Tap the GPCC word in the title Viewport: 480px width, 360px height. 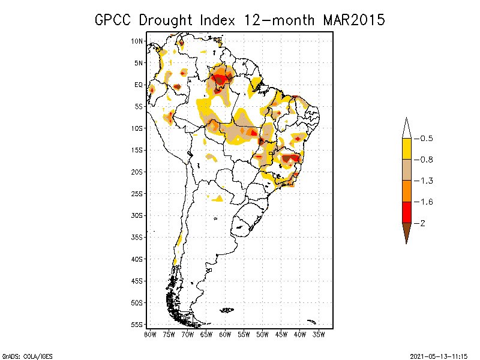tap(113, 20)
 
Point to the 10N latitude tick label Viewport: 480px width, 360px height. tap(137, 41)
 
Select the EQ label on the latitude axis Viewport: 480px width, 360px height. tap(139, 85)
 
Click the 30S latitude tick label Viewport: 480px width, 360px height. tap(137, 215)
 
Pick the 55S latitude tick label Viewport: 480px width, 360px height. tap(137, 325)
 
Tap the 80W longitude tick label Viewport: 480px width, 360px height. tap(150, 334)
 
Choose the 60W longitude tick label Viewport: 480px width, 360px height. tap(225, 334)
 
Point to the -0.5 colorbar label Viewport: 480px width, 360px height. tap(425, 138)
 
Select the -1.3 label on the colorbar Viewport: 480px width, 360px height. tap(425, 181)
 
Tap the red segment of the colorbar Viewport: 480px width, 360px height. tap(406, 212)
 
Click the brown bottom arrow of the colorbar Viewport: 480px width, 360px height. tap(406, 232)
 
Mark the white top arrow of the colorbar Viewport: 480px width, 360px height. tap(406, 128)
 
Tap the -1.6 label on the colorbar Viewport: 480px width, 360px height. tap(425, 202)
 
